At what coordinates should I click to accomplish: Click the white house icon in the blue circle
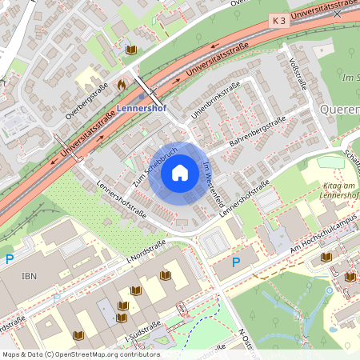click(x=180, y=172)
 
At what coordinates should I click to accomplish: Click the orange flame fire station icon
click(x=121, y=83)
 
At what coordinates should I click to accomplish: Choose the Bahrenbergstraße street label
click(x=258, y=132)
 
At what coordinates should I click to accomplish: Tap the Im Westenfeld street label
click(x=212, y=182)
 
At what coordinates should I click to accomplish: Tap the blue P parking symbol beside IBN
click(x=10, y=258)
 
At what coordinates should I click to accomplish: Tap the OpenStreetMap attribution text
click(x=80, y=354)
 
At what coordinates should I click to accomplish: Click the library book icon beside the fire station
click(x=131, y=50)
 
